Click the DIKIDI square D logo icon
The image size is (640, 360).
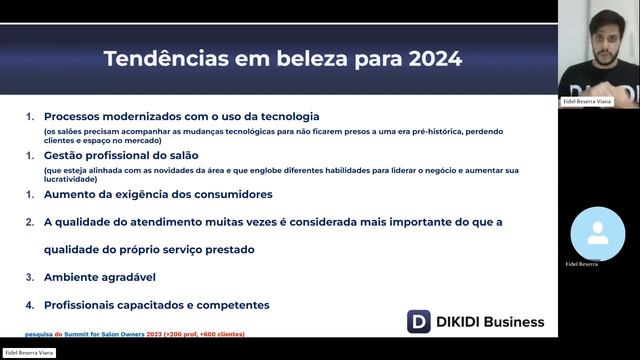tap(419, 321)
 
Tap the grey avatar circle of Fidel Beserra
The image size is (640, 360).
tap(598, 234)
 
